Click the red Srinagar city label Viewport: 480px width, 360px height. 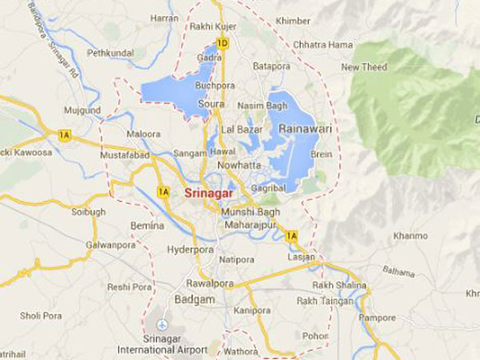tap(209, 193)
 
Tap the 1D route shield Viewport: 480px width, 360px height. tap(223, 42)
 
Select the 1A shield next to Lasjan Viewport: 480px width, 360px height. tap(291, 236)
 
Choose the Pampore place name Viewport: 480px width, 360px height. tap(377, 318)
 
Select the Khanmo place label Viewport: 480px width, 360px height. tap(410, 237)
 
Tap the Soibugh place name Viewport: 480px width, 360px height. tap(88, 212)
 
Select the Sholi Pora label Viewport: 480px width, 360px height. tap(41, 315)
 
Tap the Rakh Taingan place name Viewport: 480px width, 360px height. tap(324, 301)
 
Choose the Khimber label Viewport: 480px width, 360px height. tap(292, 20)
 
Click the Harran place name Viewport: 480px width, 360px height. tap(164, 18)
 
